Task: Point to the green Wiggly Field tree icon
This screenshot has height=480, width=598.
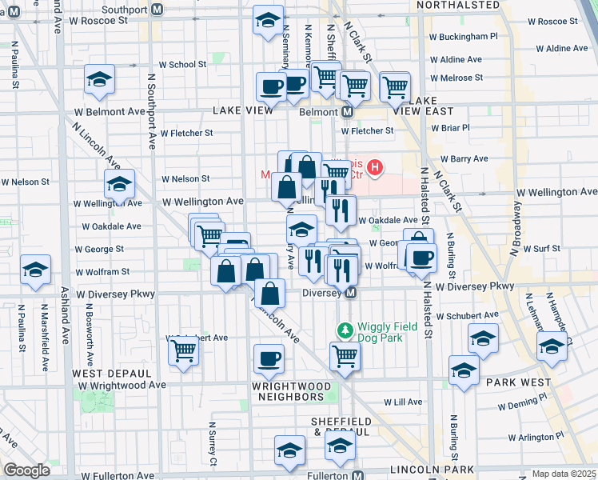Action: pos(345,329)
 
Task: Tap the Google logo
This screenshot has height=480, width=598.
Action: pos(26,470)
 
